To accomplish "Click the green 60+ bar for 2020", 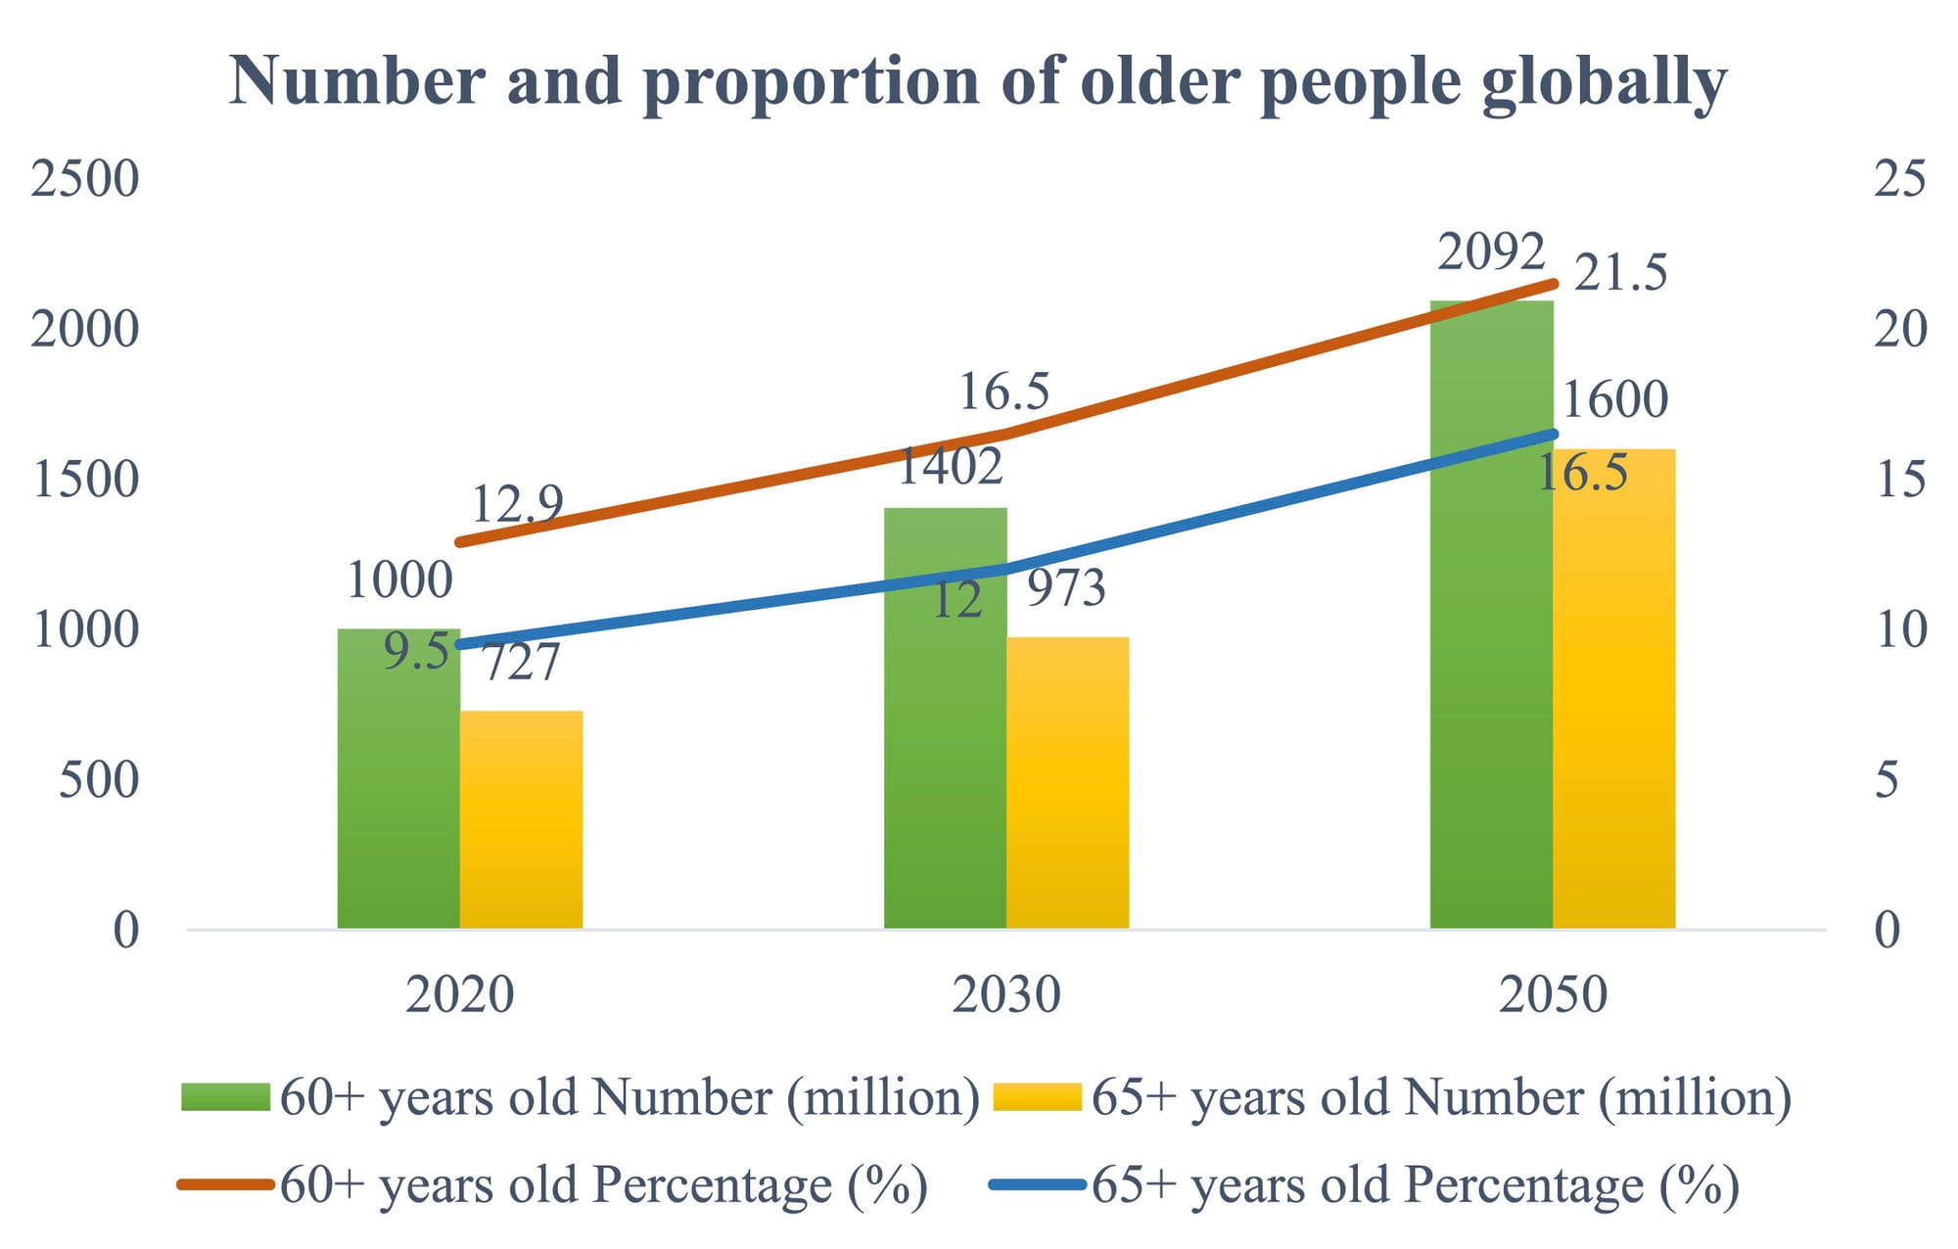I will pos(398,783).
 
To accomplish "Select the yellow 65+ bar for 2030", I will pos(1067,783).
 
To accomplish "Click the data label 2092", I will pos(1491,252).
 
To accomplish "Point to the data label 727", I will pos(522,663).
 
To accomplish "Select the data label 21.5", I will pos(1620,272).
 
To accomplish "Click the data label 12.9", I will pos(517,504).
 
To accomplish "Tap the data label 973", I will pos(1066,587).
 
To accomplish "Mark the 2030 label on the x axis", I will pos(1006,995).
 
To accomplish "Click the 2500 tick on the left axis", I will pos(85,178).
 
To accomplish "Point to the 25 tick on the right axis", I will pos(1899,178).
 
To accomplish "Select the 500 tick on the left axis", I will pos(99,780).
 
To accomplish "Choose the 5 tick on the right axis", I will pos(1887,780).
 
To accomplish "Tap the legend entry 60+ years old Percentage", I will pos(603,1184).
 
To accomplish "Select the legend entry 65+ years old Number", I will pos(1440,1096).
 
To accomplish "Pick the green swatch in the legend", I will pos(225,1096).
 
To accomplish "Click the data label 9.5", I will pos(416,652).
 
